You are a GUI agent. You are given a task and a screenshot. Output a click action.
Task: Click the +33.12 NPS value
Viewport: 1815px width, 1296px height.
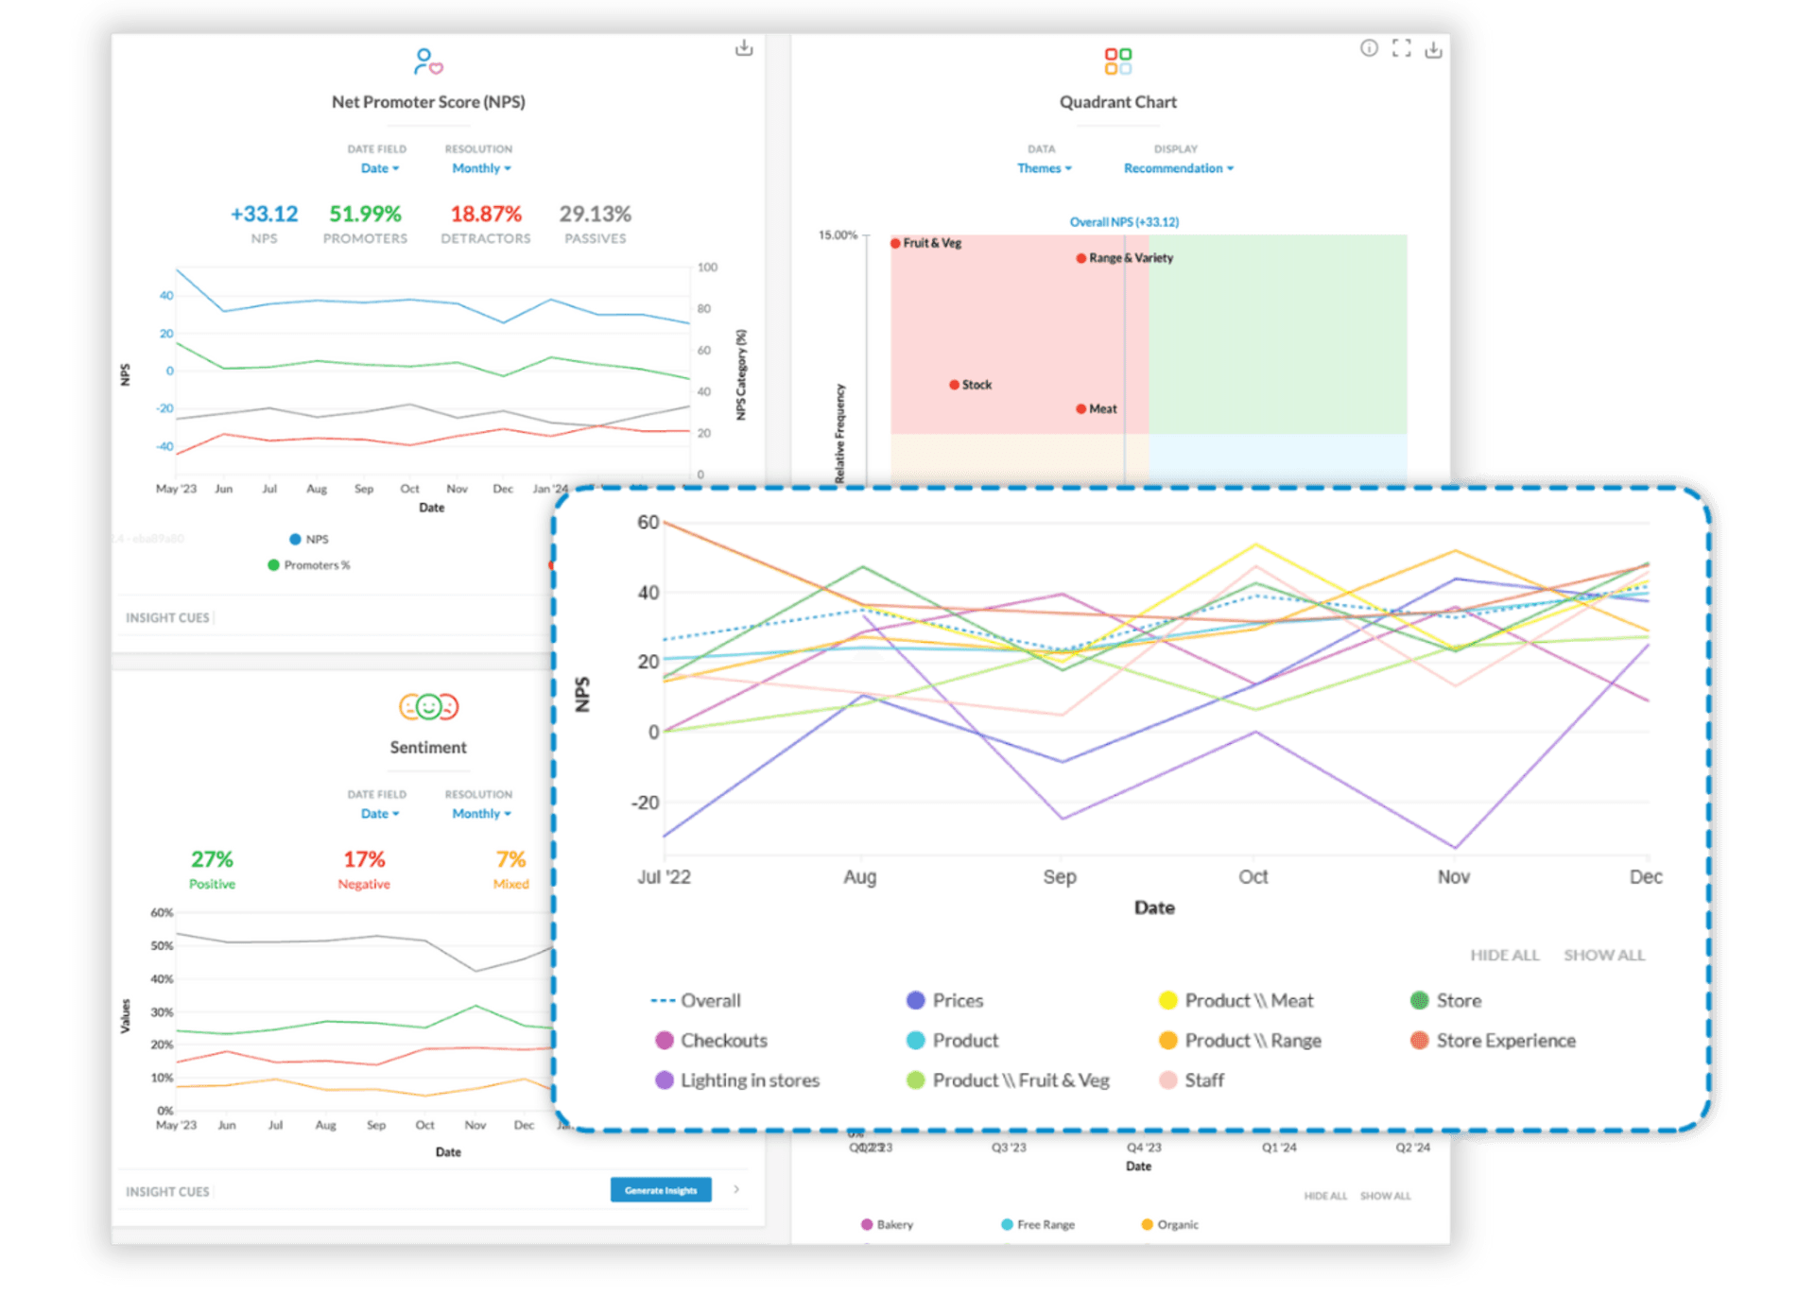[x=264, y=215]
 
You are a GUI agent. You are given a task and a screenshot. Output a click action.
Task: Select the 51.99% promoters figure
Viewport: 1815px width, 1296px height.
[x=365, y=215]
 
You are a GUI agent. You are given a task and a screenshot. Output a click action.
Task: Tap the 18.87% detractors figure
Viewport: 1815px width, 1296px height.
[x=486, y=215]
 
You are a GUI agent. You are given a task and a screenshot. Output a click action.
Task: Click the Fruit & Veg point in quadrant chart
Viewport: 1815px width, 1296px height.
[x=895, y=244]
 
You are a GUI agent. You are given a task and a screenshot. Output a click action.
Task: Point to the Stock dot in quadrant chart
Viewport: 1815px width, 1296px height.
[x=955, y=385]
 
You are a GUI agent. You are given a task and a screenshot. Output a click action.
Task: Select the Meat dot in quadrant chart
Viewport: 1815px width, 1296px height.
[x=1080, y=409]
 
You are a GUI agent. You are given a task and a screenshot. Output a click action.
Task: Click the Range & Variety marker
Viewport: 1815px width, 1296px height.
[x=1080, y=258]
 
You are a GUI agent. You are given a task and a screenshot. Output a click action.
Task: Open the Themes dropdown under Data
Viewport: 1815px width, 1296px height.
[x=1044, y=168]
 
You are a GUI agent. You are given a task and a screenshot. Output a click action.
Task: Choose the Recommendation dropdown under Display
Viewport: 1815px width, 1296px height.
[x=1178, y=168]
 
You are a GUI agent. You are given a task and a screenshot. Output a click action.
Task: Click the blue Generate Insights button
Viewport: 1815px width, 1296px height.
[x=660, y=1190]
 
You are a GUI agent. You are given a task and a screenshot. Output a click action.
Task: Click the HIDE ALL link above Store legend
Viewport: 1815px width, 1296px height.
[x=1504, y=956]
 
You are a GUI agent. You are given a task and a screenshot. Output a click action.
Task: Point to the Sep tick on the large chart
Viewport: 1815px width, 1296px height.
[x=1060, y=877]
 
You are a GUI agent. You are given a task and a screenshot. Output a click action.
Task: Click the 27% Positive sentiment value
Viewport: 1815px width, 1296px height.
[x=212, y=859]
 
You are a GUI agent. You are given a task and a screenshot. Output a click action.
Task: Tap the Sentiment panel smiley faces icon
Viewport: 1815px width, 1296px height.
[x=428, y=707]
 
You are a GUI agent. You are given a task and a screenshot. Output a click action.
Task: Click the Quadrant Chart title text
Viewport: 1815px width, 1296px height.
[x=1117, y=102]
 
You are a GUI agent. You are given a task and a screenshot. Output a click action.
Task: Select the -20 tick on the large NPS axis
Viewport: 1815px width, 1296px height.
[x=645, y=803]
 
